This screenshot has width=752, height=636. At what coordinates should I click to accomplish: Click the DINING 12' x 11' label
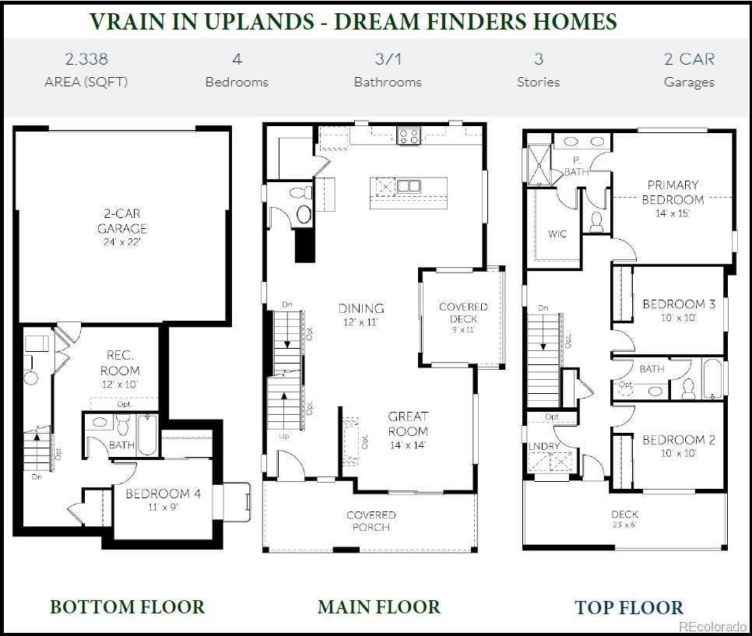[x=361, y=314]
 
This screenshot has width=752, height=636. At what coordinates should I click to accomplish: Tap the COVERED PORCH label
[x=371, y=521]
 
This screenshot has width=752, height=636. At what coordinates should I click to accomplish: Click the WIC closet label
[x=557, y=234]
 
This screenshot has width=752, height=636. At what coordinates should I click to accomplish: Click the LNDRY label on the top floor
[x=544, y=447]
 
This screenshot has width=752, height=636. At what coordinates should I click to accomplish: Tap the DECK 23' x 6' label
[x=624, y=518]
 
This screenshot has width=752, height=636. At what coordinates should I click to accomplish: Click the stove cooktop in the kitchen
[x=409, y=136]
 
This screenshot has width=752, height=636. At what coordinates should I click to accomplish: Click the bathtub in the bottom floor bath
[x=147, y=434]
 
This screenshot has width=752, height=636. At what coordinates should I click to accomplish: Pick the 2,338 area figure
[x=86, y=59]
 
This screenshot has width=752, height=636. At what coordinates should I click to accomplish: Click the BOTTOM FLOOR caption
[x=127, y=606]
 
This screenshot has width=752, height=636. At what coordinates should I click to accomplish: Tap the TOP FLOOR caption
[x=629, y=607]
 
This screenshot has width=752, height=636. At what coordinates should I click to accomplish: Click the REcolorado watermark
[x=712, y=627]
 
